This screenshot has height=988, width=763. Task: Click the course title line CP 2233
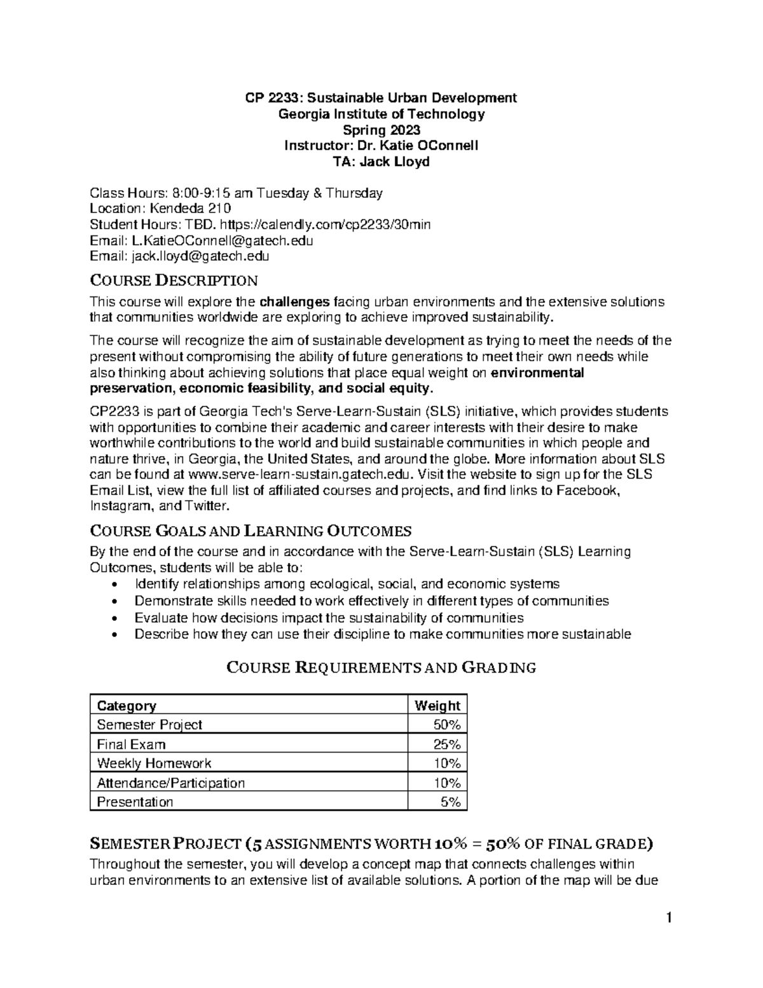381,98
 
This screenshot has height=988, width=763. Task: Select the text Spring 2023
381,130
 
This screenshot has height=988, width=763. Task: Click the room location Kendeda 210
189,209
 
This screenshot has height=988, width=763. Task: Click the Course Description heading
174,281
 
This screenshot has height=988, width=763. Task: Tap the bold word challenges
295,301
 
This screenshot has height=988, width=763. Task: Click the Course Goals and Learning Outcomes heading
251,531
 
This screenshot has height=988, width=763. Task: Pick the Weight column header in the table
437,706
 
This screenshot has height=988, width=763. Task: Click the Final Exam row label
131,744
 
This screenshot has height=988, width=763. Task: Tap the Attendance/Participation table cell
170,783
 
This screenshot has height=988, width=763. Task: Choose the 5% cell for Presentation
451,802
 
